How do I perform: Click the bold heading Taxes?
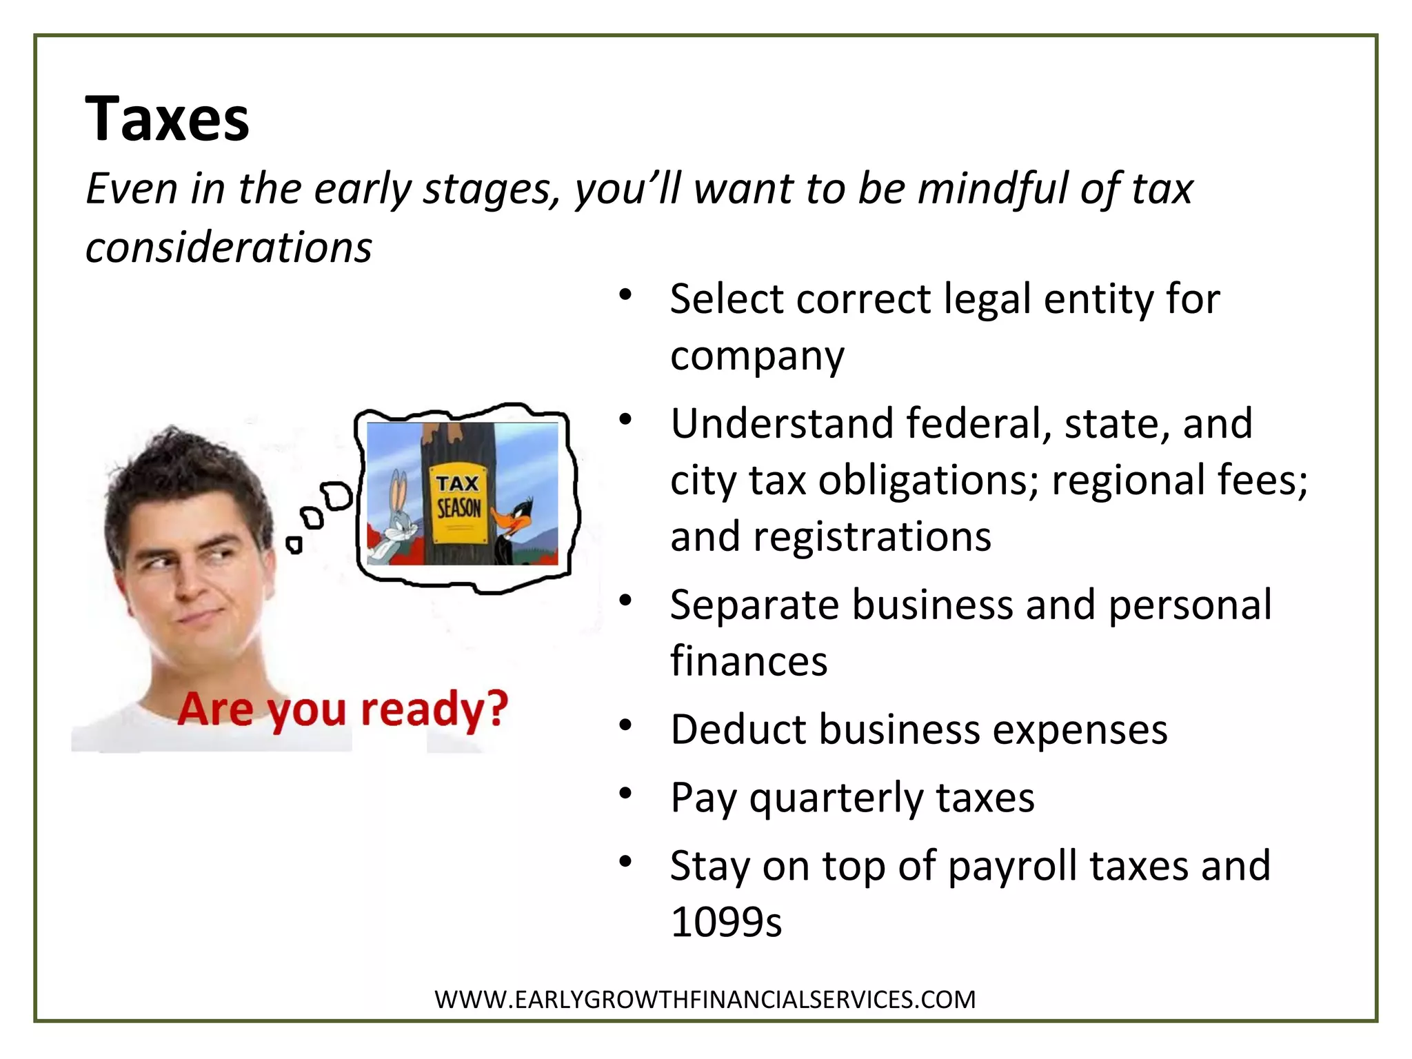(167, 119)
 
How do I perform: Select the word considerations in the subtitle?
(228, 247)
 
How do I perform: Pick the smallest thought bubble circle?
(294, 545)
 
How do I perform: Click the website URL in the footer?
(705, 999)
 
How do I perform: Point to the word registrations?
(872, 536)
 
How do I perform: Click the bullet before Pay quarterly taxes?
(625, 794)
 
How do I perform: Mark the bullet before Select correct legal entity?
(625, 295)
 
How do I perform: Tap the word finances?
(749, 660)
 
